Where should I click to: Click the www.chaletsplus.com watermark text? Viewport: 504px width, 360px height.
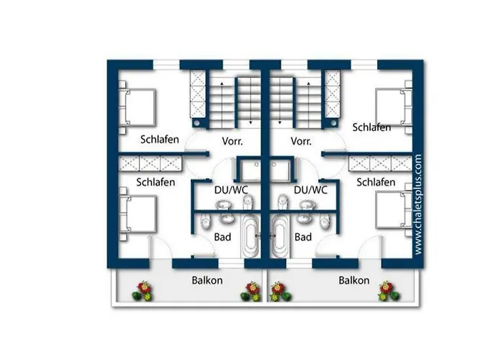418,204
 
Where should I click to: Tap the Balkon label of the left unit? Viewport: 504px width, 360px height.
207,280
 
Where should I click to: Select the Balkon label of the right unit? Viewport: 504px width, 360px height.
354,280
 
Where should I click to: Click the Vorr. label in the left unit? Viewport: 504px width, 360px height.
233,141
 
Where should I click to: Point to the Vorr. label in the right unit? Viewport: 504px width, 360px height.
301,141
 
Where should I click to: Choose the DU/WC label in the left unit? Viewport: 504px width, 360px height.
231,190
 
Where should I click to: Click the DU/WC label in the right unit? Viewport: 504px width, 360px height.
310,190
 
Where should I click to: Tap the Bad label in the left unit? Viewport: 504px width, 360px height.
222,237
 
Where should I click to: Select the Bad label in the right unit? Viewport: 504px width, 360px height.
303,237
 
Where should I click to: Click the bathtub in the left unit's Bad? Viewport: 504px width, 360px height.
251,236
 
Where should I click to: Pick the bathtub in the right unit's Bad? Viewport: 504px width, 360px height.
279,236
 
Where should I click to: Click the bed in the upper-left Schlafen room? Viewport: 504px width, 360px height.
138,107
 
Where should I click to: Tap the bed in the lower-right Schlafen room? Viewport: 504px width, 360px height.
394,210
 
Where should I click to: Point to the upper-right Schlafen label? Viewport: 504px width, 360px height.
372,127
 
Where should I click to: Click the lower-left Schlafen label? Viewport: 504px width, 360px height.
156,182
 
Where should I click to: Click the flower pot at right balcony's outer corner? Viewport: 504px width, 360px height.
389,291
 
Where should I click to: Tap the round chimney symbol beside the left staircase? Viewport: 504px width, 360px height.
197,123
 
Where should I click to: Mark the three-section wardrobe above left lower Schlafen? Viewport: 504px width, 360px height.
150,163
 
